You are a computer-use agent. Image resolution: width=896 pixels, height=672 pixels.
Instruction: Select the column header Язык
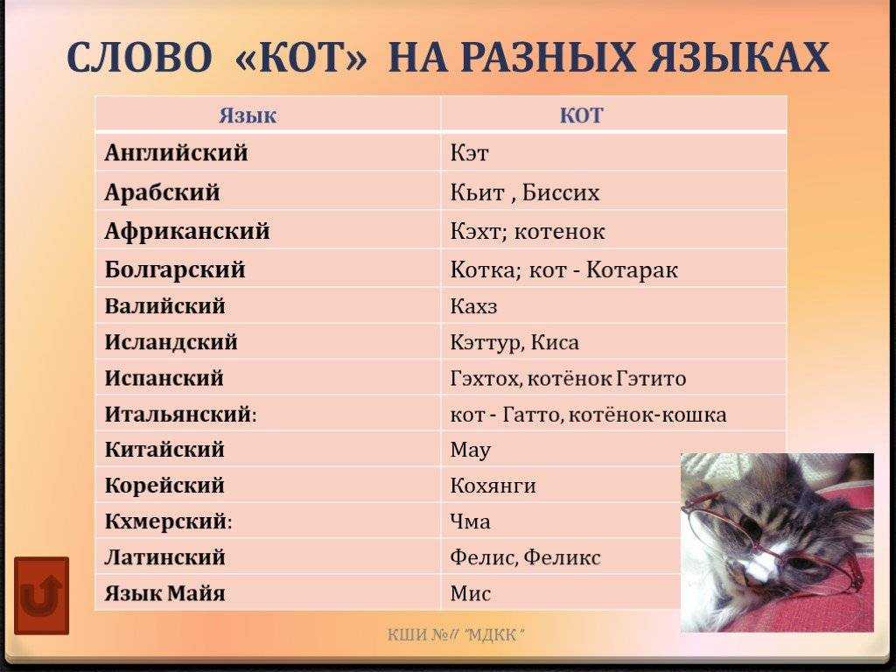click(248, 115)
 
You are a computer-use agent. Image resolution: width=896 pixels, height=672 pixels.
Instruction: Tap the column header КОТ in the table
click(582, 115)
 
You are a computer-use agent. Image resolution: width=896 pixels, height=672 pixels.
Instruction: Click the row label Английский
click(176, 153)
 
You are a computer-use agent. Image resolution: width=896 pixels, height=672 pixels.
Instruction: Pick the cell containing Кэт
click(470, 154)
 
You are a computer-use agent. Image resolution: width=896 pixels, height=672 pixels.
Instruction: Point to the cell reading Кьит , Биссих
click(525, 192)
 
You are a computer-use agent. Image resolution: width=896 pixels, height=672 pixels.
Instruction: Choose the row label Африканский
click(186, 232)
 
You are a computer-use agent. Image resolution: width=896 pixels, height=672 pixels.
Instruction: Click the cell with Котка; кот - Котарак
click(563, 270)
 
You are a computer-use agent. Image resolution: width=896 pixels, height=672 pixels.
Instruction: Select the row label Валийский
click(164, 306)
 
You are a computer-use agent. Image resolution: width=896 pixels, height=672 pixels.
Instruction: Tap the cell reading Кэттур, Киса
click(514, 342)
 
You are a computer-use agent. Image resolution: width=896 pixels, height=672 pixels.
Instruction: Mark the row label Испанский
click(164, 378)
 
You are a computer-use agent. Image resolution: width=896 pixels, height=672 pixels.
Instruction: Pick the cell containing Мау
click(471, 450)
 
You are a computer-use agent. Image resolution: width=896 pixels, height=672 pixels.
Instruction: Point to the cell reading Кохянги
click(493, 486)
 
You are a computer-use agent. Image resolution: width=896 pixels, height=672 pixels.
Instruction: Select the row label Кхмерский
click(168, 521)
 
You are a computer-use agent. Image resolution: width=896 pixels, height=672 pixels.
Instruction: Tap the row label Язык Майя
click(164, 593)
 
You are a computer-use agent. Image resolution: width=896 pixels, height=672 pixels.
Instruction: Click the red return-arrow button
click(41, 596)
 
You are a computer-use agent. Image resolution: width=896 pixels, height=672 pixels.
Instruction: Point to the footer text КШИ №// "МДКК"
click(456, 634)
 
